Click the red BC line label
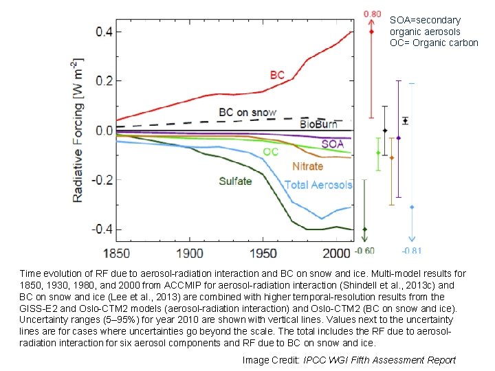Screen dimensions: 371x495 (277, 74)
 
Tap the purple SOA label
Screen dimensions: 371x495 (333, 144)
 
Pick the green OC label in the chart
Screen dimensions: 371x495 (270, 151)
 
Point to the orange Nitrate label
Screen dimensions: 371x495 (307, 166)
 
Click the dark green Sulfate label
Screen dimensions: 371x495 (235, 181)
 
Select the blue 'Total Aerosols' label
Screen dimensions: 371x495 (318, 185)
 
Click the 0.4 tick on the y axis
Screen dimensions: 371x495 (105, 32)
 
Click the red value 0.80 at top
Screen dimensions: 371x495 (372, 13)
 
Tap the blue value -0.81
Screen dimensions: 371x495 (412, 250)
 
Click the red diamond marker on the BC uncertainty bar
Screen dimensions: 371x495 (371, 32)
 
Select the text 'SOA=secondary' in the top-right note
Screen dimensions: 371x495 (425, 21)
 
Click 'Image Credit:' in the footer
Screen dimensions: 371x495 (272, 360)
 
